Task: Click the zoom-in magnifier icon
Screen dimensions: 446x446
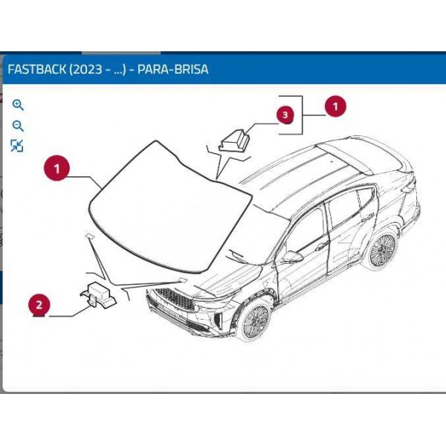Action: pyautogui.click(x=18, y=105)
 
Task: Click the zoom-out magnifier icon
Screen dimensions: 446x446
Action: pyautogui.click(x=18, y=126)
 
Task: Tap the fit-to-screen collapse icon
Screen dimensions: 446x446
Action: pyautogui.click(x=17, y=146)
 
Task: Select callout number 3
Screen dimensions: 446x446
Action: pyautogui.click(x=285, y=115)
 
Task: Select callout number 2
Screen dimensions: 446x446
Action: pyautogui.click(x=39, y=306)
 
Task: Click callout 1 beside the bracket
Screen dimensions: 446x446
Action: pyautogui.click(x=335, y=106)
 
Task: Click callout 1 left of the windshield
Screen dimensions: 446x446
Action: pyautogui.click(x=56, y=168)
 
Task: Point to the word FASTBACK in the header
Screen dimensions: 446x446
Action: pyautogui.click(x=37, y=69)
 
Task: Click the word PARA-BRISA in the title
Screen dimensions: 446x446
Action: pyautogui.click(x=173, y=69)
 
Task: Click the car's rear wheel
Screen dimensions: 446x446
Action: pyautogui.click(x=383, y=249)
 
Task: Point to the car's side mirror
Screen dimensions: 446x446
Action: pyautogui.click(x=292, y=257)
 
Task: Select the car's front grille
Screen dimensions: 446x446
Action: pyautogui.click(x=175, y=300)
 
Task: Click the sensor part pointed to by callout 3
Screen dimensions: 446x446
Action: pyautogui.click(x=234, y=140)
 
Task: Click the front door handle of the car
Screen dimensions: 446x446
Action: pyautogui.click(x=321, y=246)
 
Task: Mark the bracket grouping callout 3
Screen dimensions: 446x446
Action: pyautogui.click(x=302, y=115)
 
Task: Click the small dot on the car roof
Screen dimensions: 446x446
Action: pyautogui.click(x=332, y=161)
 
